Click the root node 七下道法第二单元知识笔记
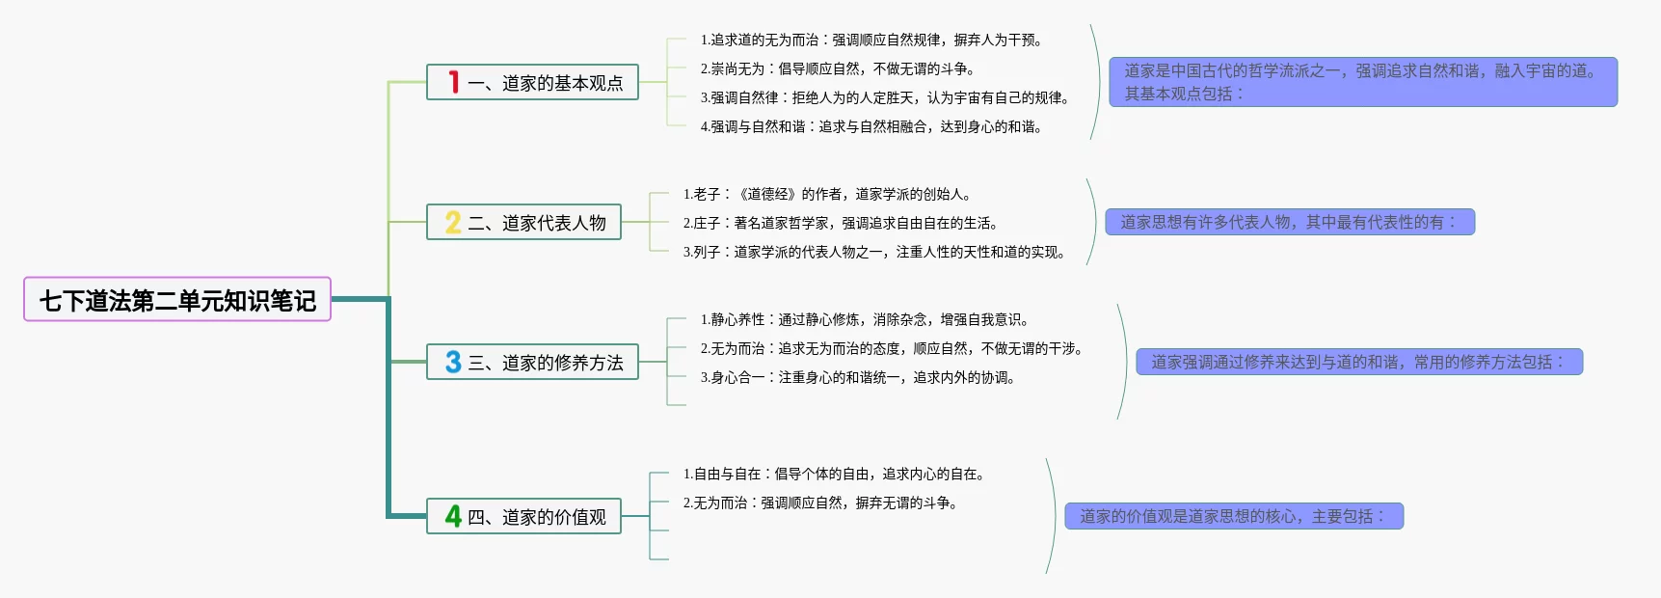[x=177, y=299]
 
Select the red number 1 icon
[x=453, y=82]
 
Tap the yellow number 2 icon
[x=453, y=222]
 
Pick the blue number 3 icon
[x=453, y=362]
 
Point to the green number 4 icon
[x=453, y=516]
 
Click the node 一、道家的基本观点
[x=532, y=82]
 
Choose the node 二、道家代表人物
[x=523, y=222]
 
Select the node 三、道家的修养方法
[x=532, y=362]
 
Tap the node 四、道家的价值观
[x=523, y=516]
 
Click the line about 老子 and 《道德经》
[x=827, y=194]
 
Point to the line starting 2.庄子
[x=841, y=223]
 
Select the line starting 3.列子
[x=874, y=252]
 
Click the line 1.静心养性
[x=865, y=319]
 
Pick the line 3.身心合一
[x=858, y=377]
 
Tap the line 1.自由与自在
[x=834, y=474]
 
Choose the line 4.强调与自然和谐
[x=871, y=126]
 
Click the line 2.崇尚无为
[x=838, y=68]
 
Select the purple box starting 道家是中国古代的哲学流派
[x=1363, y=82]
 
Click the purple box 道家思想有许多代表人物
[x=1290, y=222]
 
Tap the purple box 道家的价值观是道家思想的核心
[x=1234, y=516]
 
